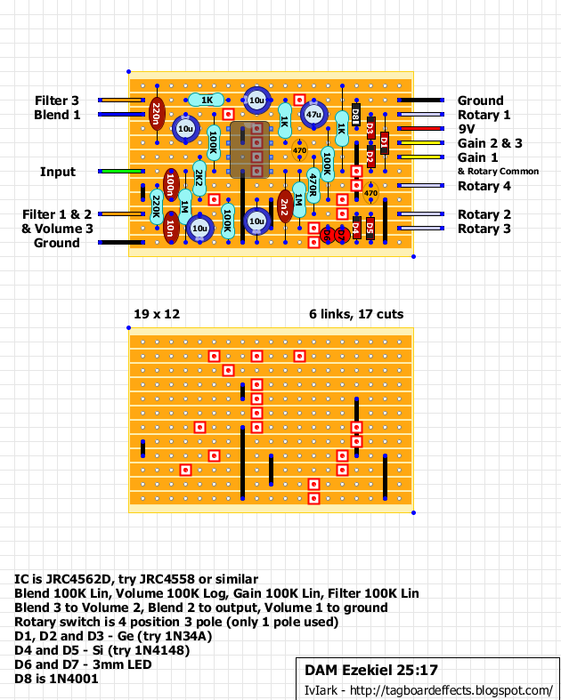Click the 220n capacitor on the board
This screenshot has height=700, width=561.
coord(157,114)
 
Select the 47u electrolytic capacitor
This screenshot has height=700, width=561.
coord(313,115)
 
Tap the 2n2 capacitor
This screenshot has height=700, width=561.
coord(284,207)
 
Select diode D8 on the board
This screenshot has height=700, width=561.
coord(355,114)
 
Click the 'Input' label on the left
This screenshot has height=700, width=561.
coord(57,172)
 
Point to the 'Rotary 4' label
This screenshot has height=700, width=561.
coord(484,186)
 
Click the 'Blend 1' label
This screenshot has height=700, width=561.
coord(57,115)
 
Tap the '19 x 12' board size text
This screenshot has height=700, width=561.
coord(156,314)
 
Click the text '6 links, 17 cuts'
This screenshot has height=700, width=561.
coord(356,314)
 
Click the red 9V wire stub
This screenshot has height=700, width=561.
coord(419,129)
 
